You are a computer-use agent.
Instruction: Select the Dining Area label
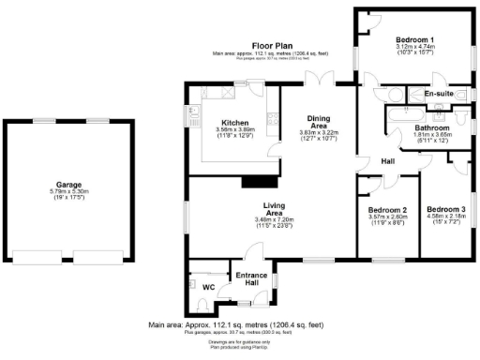click(319, 121)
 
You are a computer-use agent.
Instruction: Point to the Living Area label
click(274, 208)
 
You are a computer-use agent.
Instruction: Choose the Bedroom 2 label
click(387, 210)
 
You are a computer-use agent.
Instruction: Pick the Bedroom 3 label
click(445, 209)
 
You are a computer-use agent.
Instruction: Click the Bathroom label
click(432, 127)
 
